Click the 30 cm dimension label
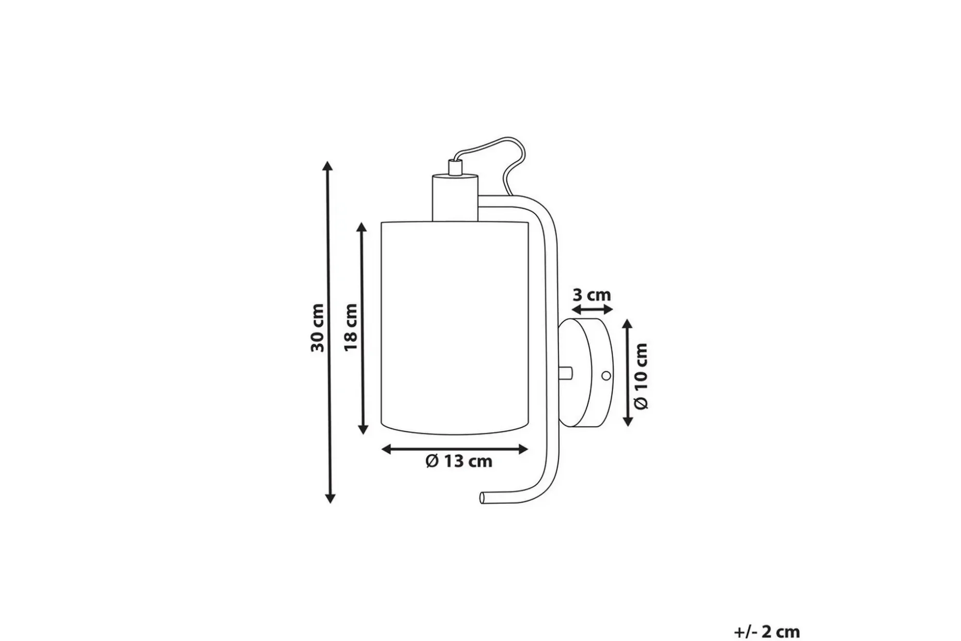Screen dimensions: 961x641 point(318,328)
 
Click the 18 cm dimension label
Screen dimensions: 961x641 point(351,327)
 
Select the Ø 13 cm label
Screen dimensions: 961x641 point(459,461)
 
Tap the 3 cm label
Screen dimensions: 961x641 point(592,295)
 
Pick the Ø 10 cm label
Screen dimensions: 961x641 point(641,376)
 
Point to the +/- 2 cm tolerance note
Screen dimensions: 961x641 point(767,631)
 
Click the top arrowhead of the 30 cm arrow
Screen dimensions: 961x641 point(328,166)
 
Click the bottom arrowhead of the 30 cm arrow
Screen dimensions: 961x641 point(330,498)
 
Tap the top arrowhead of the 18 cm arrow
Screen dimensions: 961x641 point(362,227)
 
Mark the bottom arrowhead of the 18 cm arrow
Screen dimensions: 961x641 point(363,429)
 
